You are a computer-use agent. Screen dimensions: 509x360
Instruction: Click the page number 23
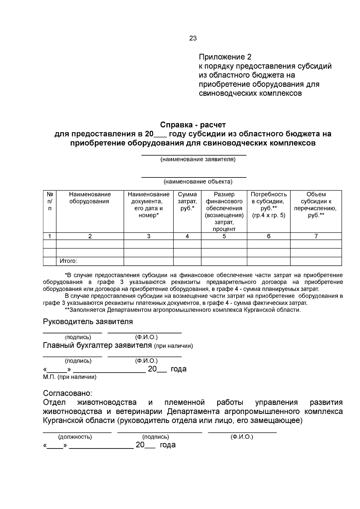click(x=193, y=38)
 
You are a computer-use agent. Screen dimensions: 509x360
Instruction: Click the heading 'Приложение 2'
click(x=225, y=57)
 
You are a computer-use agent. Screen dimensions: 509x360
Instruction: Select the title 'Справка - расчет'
click(x=193, y=125)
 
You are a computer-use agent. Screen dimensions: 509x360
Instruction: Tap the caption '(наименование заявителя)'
click(x=198, y=159)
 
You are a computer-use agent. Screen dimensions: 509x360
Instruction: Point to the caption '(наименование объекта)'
click(x=198, y=182)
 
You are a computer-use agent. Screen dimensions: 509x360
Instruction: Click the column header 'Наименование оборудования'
click(x=90, y=198)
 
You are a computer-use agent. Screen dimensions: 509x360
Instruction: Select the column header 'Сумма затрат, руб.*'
click(x=187, y=201)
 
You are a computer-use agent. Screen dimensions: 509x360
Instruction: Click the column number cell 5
click(x=224, y=236)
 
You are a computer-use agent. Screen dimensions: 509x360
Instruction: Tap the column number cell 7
click(x=316, y=236)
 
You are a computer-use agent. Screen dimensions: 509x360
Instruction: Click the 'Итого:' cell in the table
click(x=68, y=261)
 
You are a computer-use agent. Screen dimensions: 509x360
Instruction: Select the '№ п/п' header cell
click(x=50, y=201)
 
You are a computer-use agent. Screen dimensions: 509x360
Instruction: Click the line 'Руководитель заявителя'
click(x=88, y=322)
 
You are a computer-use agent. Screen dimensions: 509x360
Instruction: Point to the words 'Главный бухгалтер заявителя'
click(x=97, y=345)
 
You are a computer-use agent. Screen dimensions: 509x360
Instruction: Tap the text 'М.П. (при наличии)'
click(x=70, y=377)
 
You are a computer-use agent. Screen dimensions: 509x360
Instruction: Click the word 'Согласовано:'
click(x=67, y=393)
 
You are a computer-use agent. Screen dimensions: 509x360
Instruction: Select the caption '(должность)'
click(x=75, y=437)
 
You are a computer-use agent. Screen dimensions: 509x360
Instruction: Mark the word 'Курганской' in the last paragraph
click(x=61, y=421)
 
